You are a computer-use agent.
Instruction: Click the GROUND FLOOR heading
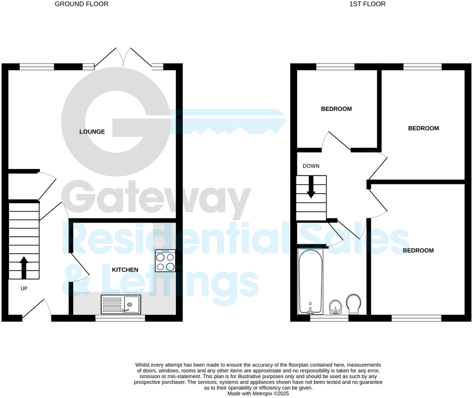tap(81, 4)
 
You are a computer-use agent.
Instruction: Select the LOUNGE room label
tap(92, 132)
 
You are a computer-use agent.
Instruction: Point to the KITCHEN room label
tap(125, 270)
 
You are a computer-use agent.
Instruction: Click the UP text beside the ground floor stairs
tap(24, 289)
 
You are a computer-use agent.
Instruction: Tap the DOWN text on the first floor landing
tap(311, 166)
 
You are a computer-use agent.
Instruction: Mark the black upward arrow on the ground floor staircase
tap(23, 268)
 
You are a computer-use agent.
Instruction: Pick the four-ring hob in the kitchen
tap(165, 260)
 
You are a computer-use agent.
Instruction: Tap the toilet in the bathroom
tap(353, 303)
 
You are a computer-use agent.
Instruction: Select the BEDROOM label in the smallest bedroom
tap(336, 109)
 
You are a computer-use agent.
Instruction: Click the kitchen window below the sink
tap(119, 317)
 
